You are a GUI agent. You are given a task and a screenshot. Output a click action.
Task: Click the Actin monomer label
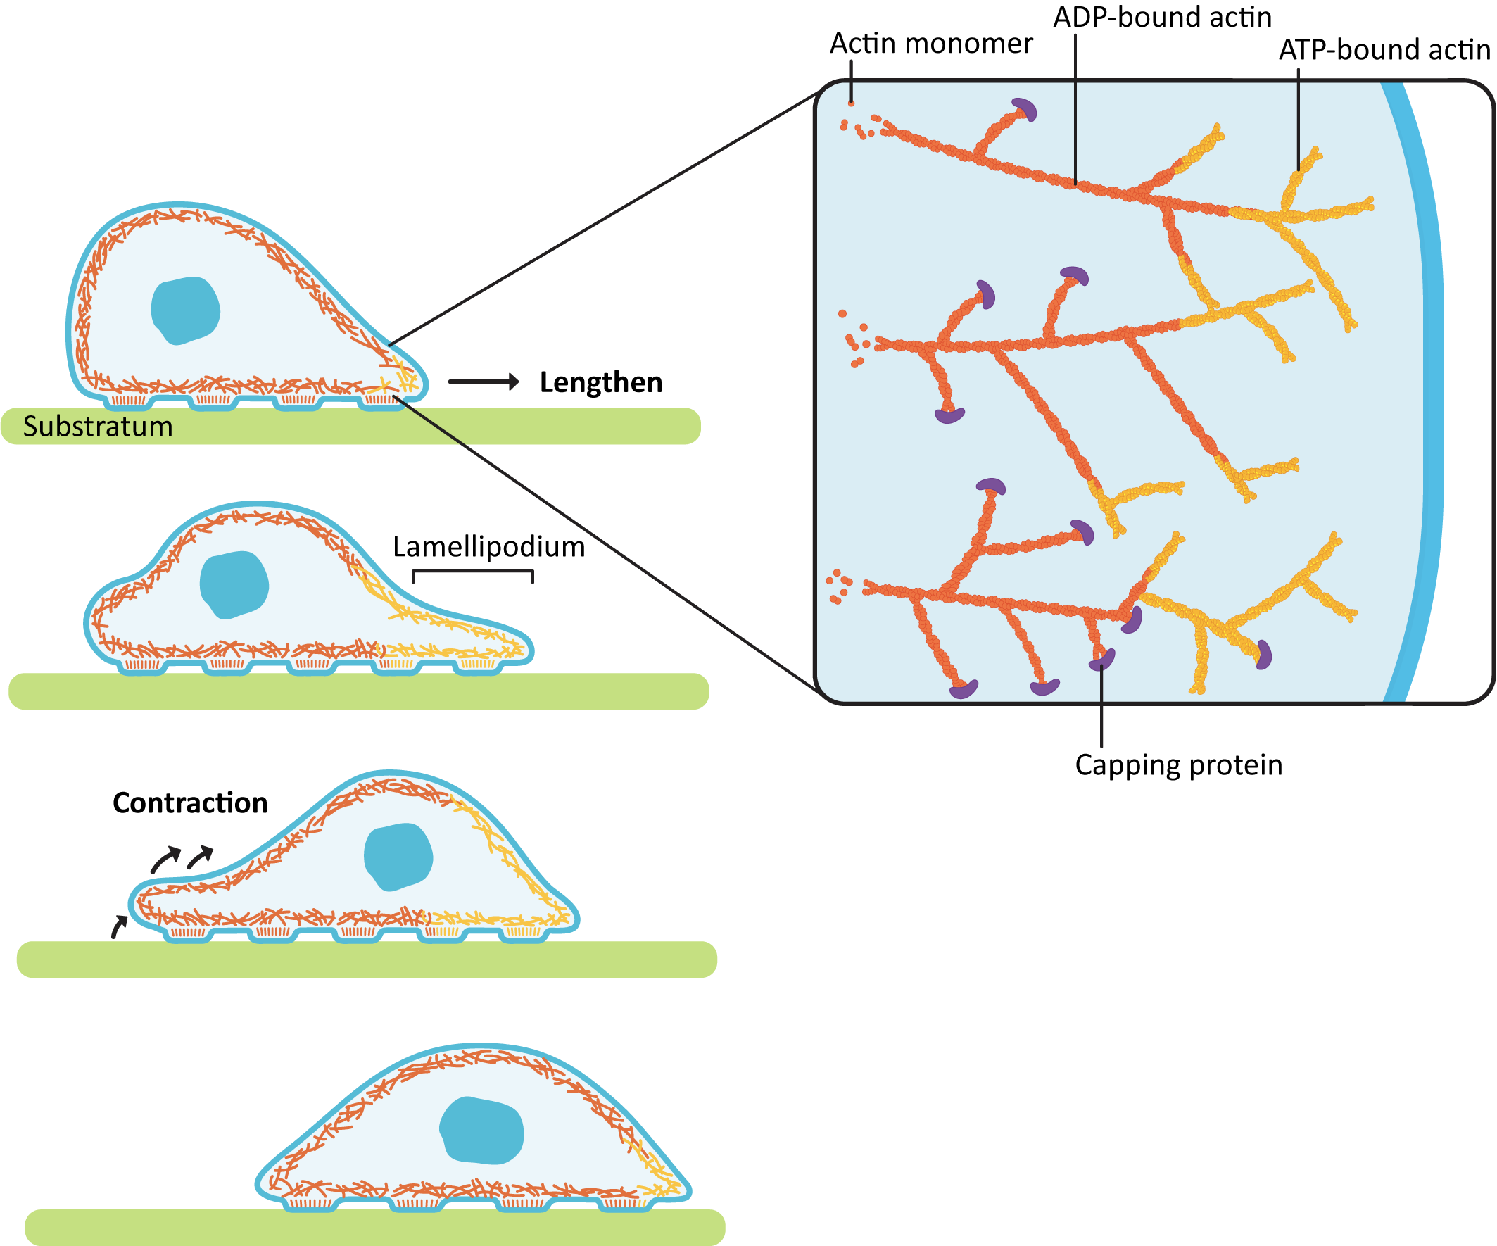point(930,44)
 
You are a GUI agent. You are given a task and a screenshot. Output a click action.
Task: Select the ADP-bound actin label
point(1162,17)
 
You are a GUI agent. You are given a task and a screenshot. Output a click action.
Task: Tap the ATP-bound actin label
point(1384,50)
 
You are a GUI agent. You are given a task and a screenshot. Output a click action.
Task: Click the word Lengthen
point(600,382)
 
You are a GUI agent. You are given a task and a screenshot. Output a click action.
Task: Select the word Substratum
point(98,427)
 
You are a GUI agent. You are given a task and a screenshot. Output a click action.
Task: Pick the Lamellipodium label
point(488,547)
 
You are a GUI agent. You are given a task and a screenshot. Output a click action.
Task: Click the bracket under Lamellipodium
point(473,572)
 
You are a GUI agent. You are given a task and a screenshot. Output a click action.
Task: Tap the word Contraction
point(189,803)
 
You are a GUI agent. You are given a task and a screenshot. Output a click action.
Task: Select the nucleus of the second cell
point(234,584)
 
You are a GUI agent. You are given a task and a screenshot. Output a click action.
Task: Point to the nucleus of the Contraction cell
point(398,857)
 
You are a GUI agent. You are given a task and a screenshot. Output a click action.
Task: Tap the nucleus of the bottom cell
point(483,1131)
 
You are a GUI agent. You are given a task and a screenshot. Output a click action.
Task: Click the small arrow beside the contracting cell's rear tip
point(119,926)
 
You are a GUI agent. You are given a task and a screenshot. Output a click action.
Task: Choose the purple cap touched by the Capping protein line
point(1102,660)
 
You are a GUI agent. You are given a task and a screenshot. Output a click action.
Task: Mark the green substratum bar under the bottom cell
point(374,1228)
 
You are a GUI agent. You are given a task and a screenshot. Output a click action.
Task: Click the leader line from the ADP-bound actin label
point(1075,107)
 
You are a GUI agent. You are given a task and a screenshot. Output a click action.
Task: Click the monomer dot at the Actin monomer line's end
point(851,104)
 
